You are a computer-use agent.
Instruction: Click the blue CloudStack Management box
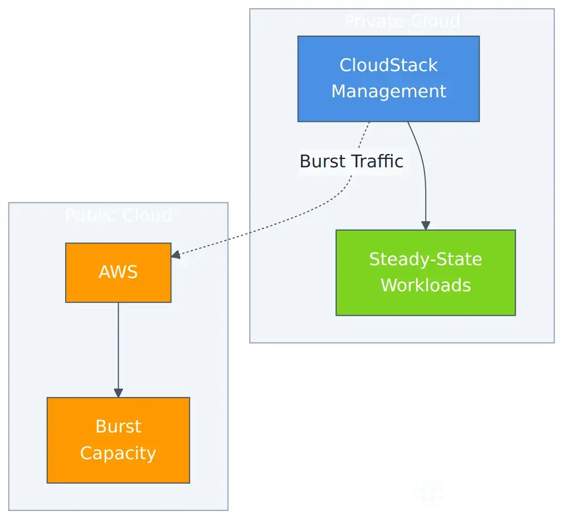tap(388, 78)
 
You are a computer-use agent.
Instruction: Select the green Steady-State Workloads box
tap(426, 272)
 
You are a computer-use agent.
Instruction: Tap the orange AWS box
tap(118, 272)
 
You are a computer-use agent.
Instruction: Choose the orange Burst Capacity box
tap(118, 440)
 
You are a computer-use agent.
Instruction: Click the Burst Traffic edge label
tap(351, 161)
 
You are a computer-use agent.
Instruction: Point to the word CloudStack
tap(388, 65)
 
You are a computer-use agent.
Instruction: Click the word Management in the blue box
tap(388, 91)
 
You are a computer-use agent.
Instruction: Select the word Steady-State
tap(426, 259)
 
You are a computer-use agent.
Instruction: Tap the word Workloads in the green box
tap(426, 285)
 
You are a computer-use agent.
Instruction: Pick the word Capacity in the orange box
tap(118, 453)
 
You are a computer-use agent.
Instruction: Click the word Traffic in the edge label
tap(376, 161)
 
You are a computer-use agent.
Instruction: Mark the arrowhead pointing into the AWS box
tap(176, 255)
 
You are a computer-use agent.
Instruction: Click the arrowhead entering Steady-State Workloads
tap(426, 225)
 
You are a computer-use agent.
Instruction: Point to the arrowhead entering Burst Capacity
tap(118, 392)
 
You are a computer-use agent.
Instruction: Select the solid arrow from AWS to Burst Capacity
tap(118, 345)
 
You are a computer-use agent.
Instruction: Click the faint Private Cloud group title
tap(402, 21)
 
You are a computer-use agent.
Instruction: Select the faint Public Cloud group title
tap(118, 215)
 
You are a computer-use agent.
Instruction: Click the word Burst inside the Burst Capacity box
tap(118, 426)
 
